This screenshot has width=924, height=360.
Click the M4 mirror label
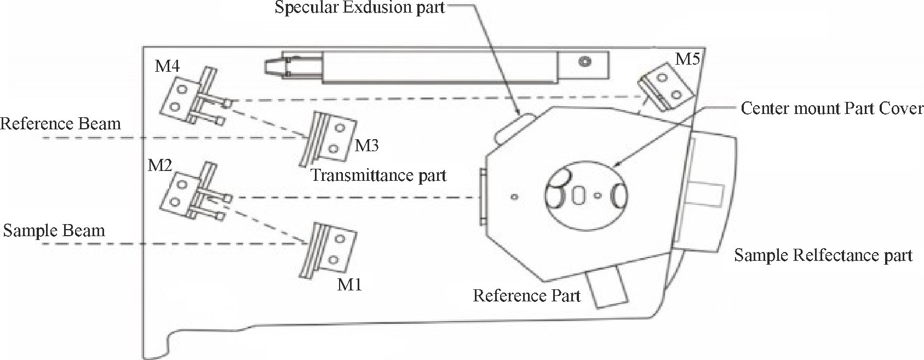[167, 67]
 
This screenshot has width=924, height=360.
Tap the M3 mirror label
[366, 146]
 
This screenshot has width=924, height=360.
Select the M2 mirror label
[160, 165]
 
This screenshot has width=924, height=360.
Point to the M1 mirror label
[349, 285]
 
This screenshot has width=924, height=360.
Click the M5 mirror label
[687, 59]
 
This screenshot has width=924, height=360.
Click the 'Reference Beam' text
[60, 124]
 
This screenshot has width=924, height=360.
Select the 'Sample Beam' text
[54, 230]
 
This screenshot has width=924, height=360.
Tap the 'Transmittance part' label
[378, 175]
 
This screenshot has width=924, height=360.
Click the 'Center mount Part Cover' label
[832, 108]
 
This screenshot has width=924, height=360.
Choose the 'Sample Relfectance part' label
[823, 255]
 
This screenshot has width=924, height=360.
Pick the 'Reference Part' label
[526, 296]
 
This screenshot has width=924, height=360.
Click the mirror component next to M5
[664, 84]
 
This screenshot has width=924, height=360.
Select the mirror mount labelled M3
[329, 138]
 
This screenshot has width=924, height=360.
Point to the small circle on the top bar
[586, 61]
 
